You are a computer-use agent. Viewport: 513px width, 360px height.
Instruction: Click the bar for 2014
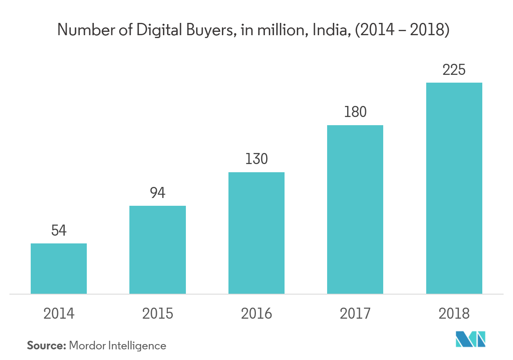(x=59, y=268)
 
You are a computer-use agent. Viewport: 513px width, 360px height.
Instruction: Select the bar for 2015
(x=158, y=250)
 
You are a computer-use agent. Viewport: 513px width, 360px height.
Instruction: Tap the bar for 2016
(x=256, y=233)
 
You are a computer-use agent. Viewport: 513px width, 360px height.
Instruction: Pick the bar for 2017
(x=355, y=209)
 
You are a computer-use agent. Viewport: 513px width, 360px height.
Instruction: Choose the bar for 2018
(x=454, y=188)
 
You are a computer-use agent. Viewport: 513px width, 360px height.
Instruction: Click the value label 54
(x=59, y=231)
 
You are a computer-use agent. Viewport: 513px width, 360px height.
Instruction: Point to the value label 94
(x=158, y=193)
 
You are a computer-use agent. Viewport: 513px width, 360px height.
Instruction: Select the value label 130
(x=256, y=159)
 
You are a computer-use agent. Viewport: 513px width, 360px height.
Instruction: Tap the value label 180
(x=355, y=112)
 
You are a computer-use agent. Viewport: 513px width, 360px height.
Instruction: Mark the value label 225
(x=454, y=70)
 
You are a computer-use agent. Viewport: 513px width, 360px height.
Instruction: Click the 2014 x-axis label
(x=59, y=314)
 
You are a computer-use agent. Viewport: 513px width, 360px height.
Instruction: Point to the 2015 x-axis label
(x=158, y=314)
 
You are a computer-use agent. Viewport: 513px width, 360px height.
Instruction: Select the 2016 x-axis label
(x=256, y=314)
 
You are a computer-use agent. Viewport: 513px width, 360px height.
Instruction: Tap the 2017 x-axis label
(x=355, y=314)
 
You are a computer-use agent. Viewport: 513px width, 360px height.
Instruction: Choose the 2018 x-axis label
(x=454, y=314)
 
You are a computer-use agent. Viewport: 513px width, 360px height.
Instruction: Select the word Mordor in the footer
(x=87, y=346)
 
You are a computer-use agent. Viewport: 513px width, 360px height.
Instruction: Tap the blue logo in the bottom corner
(x=470, y=339)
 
